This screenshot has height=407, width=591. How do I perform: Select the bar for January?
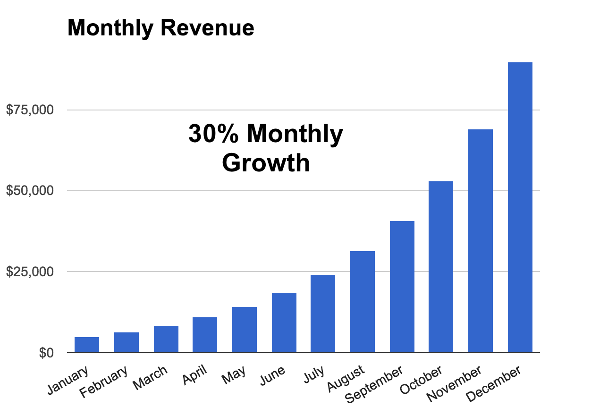pyautogui.click(x=87, y=345)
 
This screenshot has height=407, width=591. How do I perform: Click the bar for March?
pyautogui.click(x=166, y=339)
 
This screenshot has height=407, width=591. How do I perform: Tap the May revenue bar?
pyautogui.click(x=245, y=330)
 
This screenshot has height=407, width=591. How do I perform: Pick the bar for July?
pyautogui.click(x=323, y=314)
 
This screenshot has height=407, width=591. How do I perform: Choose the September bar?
pyautogui.click(x=402, y=287)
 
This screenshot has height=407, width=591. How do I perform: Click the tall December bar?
pyautogui.click(x=520, y=208)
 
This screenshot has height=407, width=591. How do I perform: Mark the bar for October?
pyautogui.click(x=441, y=267)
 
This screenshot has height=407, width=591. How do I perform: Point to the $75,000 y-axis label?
pyautogui.click(x=30, y=110)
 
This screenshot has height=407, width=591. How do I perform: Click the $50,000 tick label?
pyautogui.click(x=30, y=191)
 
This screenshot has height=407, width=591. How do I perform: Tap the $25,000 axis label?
pyautogui.click(x=30, y=272)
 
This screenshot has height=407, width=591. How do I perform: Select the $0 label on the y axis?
pyautogui.click(x=46, y=353)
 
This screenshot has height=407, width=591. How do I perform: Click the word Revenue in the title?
pyautogui.click(x=207, y=28)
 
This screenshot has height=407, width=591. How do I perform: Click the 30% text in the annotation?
pyautogui.click(x=214, y=134)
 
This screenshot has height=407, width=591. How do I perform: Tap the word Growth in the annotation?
pyautogui.click(x=266, y=163)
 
